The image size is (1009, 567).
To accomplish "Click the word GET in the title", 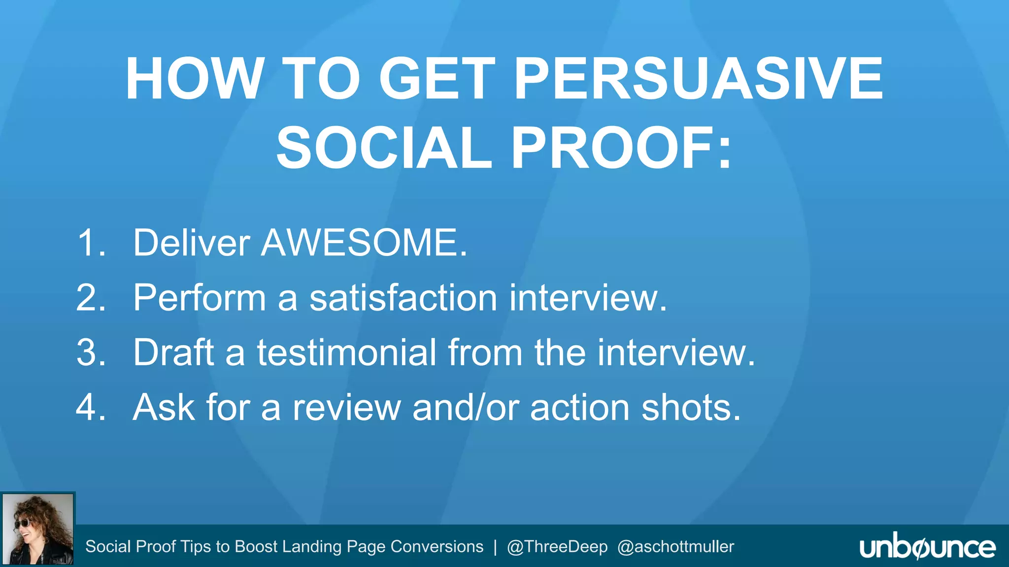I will [x=437, y=79].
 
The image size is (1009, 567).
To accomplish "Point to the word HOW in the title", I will [x=195, y=79].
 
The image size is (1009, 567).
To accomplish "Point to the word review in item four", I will [x=346, y=408].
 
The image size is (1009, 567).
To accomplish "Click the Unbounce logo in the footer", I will [x=927, y=547].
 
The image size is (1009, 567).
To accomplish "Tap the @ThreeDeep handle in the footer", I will [x=557, y=547].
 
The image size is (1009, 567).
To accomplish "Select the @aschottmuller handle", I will [x=675, y=547].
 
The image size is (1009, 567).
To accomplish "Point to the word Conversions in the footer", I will [x=437, y=547].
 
